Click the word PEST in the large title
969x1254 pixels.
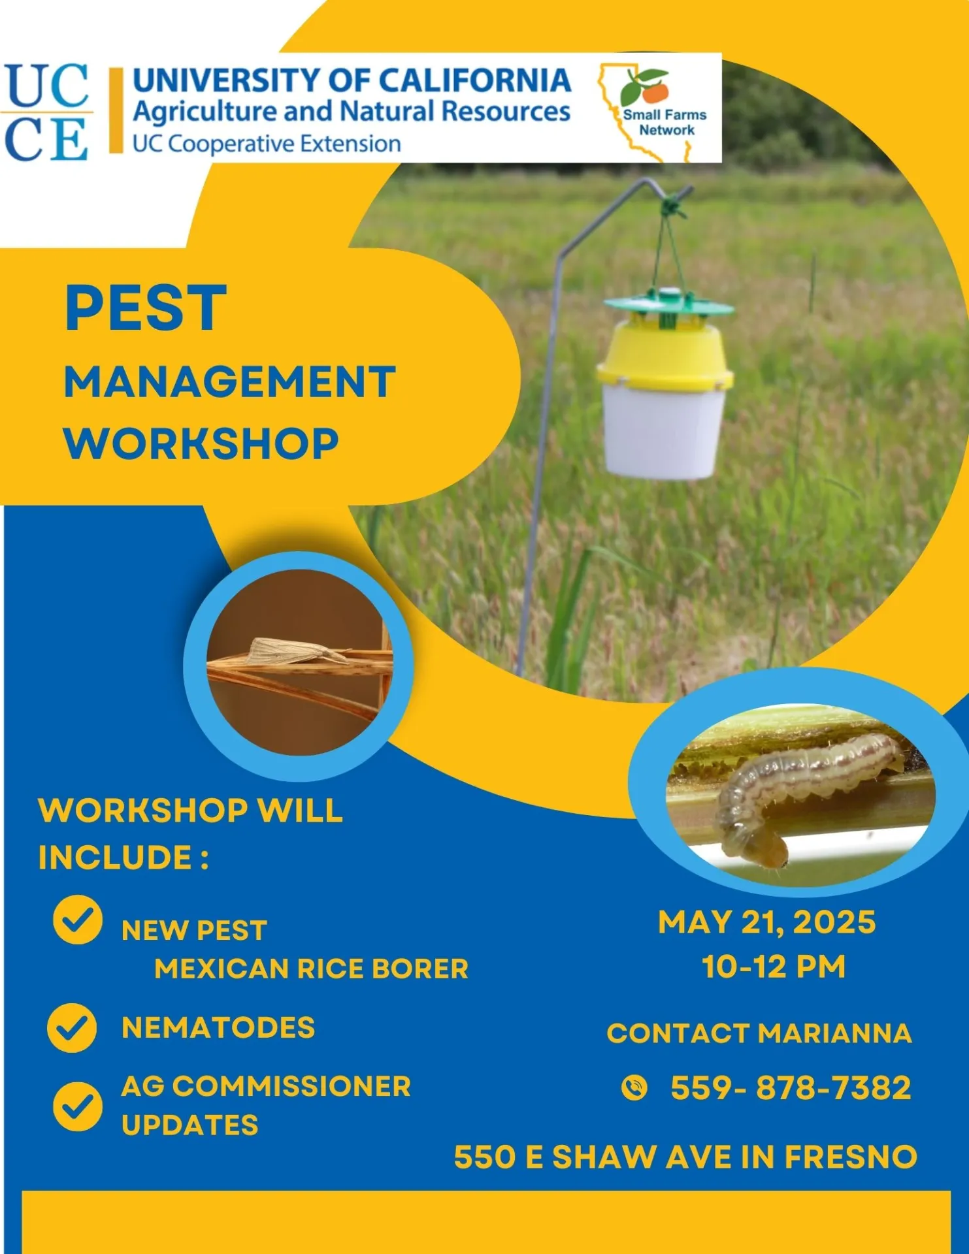(x=145, y=308)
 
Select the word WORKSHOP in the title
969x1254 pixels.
(x=201, y=444)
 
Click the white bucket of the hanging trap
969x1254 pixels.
(x=663, y=431)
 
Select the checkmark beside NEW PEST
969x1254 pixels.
(x=78, y=920)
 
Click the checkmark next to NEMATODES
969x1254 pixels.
(x=72, y=1028)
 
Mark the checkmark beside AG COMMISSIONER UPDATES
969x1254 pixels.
(x=78, y=1106)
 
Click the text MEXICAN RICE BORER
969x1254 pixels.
(x=311, y=969)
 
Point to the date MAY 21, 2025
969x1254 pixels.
(x=766, y=922)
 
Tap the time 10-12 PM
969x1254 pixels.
(x=774, y=967)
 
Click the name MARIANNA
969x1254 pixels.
(x=834, y=1033)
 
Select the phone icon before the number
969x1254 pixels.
(x=634, y=1088)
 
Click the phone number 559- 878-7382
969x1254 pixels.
(x=791, y=1088)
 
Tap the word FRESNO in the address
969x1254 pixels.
(x=851, y=1157)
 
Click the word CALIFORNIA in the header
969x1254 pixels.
(x=475, y=80)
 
